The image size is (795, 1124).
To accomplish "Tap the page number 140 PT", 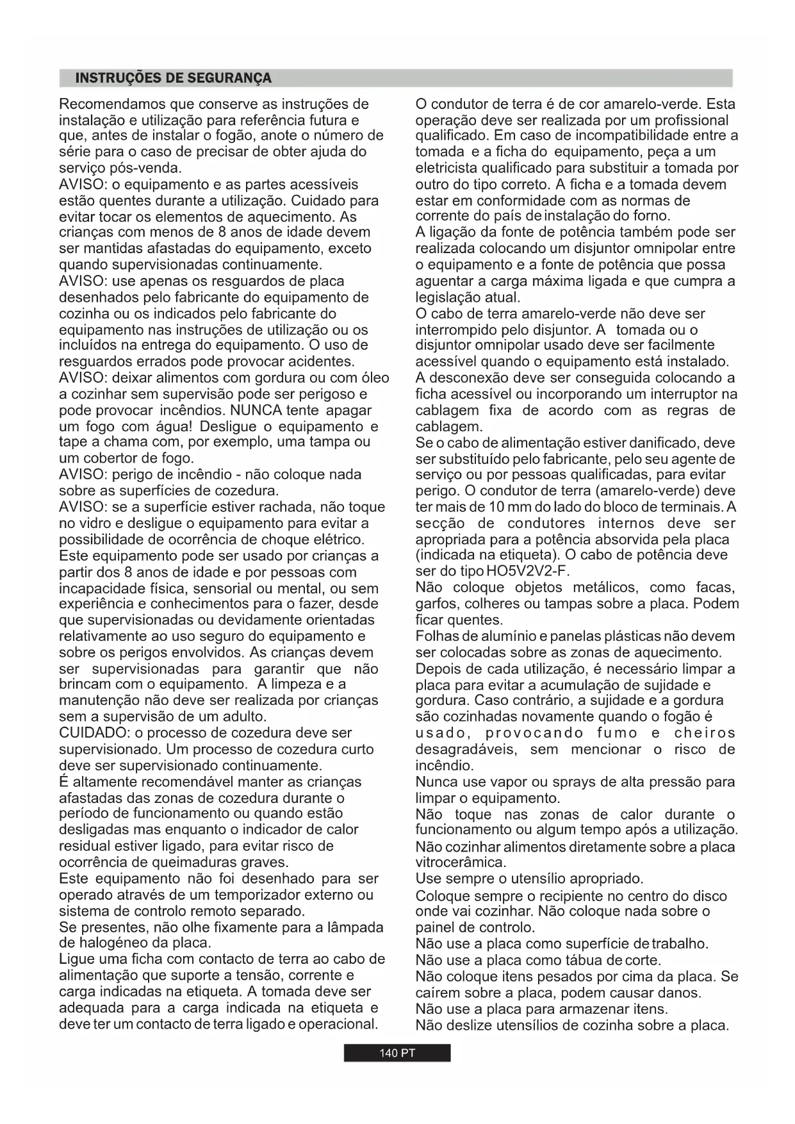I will pyautogui.click(x=397, y=1054).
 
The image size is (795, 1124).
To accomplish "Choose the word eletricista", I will pyautogui.click(x=448, y=169).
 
